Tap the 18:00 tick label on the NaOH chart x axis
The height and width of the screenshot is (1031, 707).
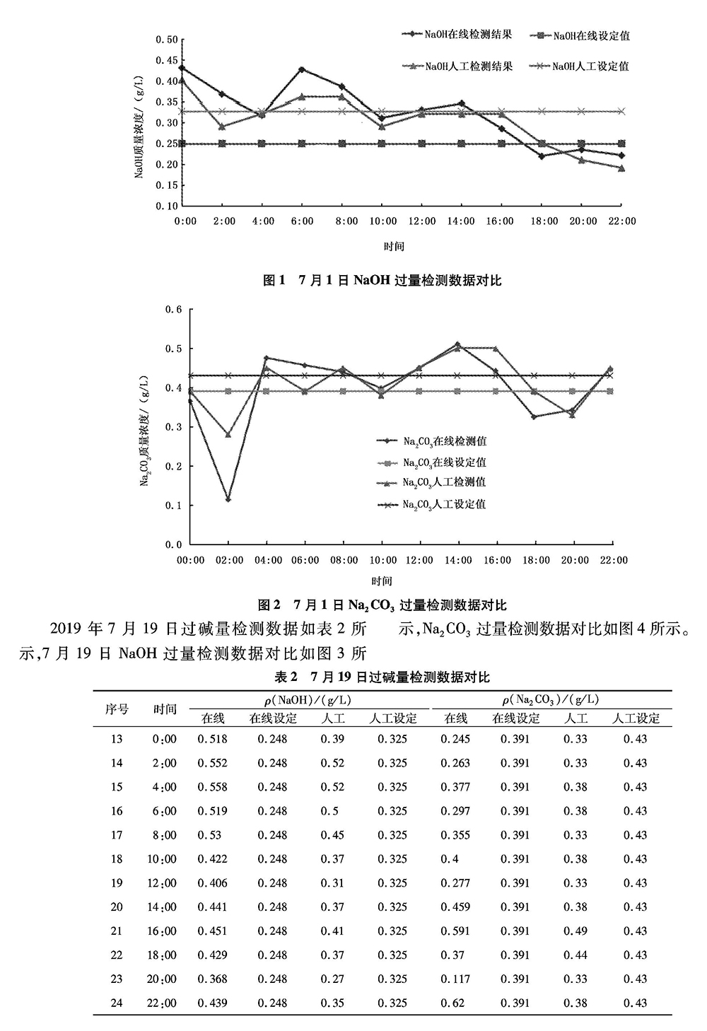point(544,221)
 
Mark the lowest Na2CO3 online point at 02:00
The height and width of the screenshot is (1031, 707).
point(228,499)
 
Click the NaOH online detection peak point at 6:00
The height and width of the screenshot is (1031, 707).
point(302,69)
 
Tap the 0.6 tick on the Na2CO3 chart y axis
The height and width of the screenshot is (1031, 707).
point(174,310)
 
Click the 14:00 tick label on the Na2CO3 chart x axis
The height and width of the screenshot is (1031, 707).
point(458,560)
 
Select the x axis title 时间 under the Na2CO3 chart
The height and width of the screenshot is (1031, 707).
point(382,581)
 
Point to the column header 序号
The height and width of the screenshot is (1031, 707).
point(117,709)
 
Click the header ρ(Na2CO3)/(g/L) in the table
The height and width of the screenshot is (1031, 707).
point(551,699)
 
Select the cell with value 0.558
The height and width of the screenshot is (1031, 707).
point(213,787)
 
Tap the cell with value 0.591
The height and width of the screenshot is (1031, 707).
point(455,931)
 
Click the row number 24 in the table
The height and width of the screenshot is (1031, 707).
point(117,1003)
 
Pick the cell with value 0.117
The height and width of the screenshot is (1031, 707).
point(455,979)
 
